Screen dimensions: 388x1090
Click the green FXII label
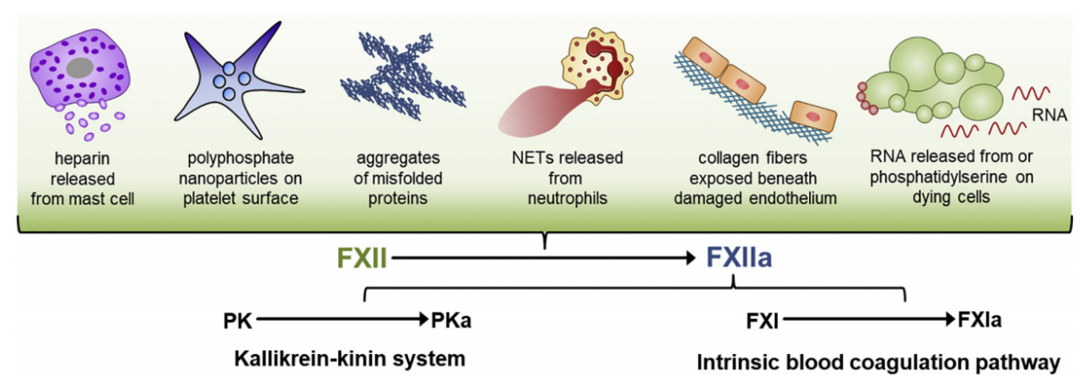pos(362,259)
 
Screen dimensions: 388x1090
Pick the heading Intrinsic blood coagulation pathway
pos(878,363)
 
